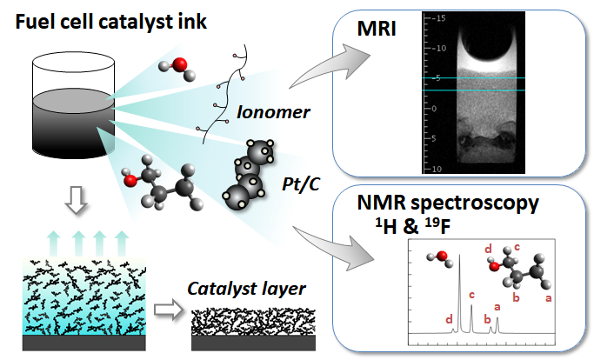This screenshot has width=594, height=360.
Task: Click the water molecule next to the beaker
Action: point(177,66)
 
